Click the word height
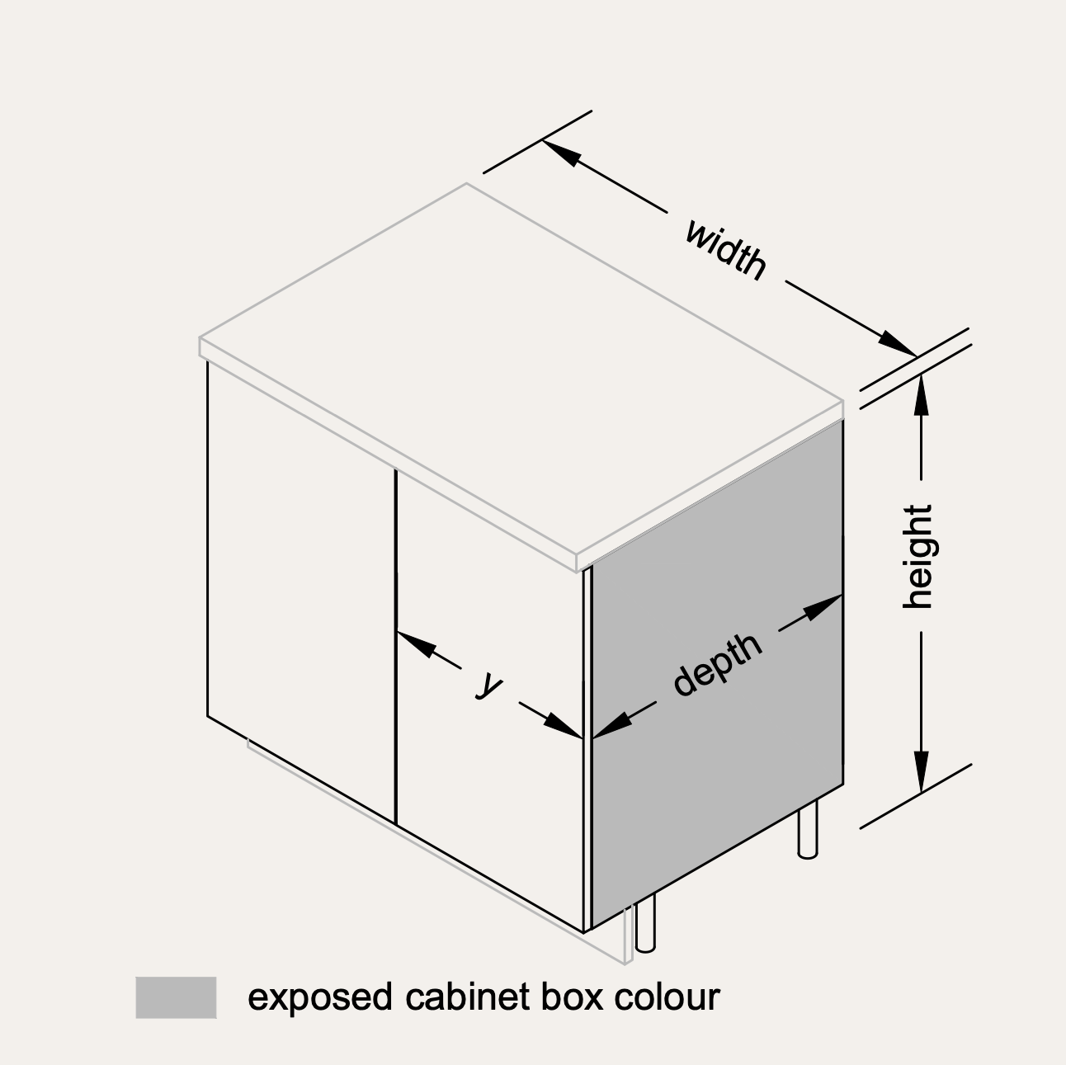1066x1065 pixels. (918, 558)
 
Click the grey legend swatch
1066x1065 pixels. (176, 997)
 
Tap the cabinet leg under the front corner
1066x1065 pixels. (645, 923)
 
